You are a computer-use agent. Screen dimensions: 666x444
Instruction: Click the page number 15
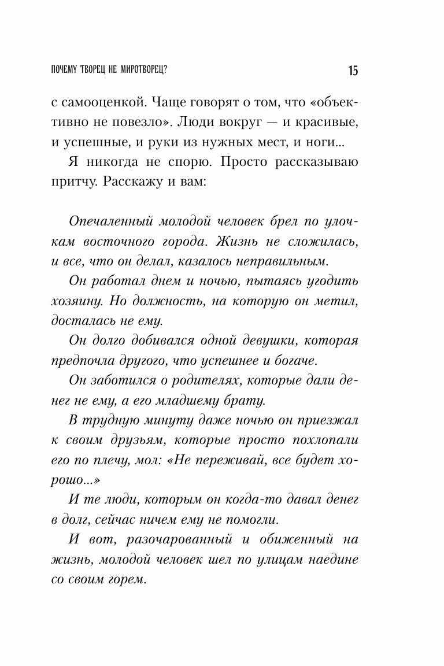(353, 71)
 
